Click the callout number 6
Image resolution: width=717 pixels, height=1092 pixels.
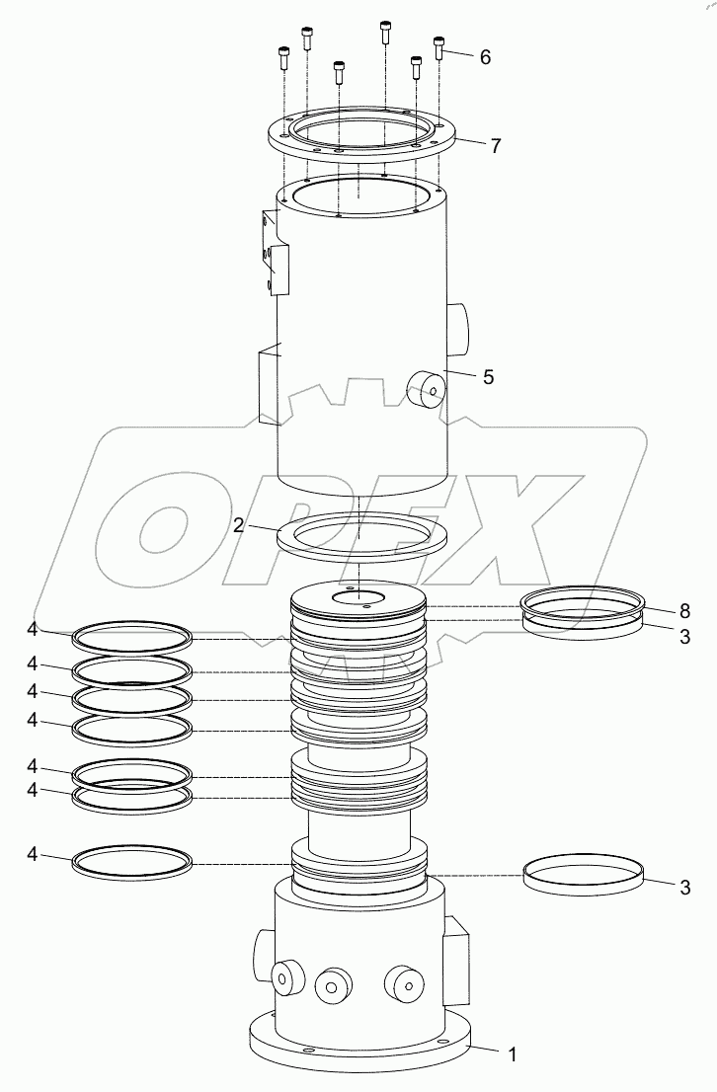pyautogui.click(x=486, y=57)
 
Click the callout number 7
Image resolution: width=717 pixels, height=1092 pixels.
pyautogui.click(x=496, y=146)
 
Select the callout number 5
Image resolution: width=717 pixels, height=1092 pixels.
pyautogui.click(x=489, y=377)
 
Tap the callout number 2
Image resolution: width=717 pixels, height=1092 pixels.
pyautogui.click(x=238, y=525)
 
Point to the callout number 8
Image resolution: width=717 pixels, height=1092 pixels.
pyautogui.click(x=684, y=611)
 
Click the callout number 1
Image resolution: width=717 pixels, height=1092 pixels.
pyautogui.click(x=513, y=1055)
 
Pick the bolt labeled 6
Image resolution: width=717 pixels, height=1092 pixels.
pyautogui.click(x=438, y=47)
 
